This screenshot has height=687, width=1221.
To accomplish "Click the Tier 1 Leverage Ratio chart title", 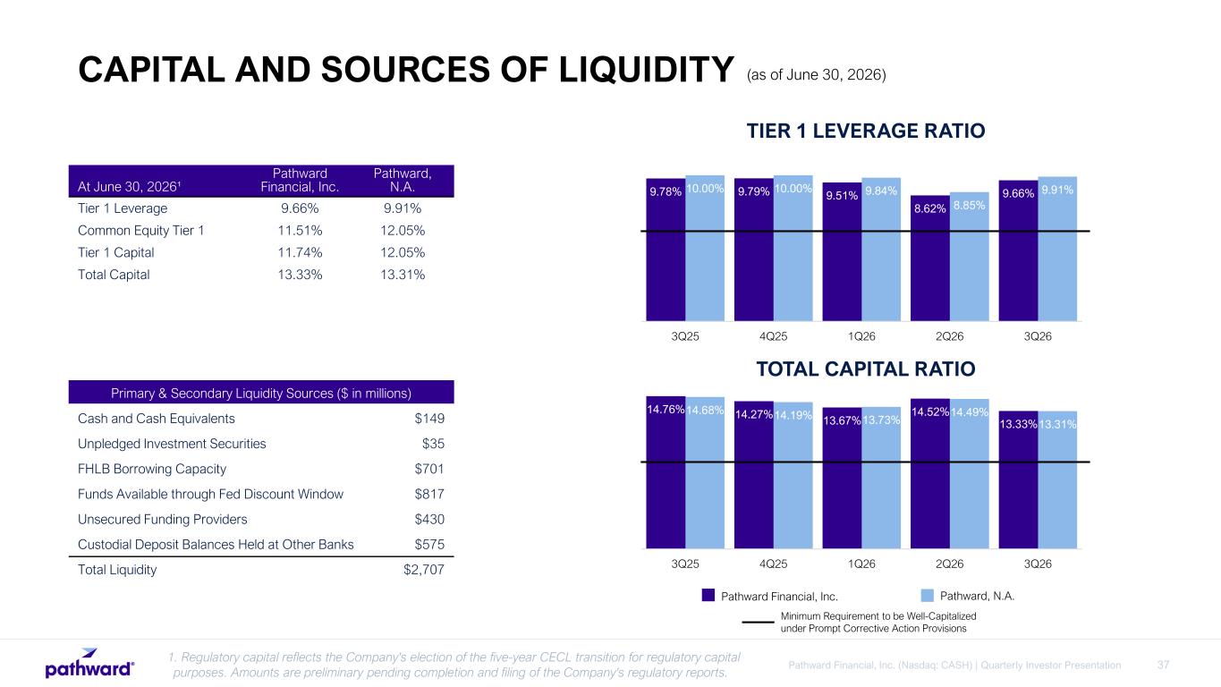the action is (866, 131).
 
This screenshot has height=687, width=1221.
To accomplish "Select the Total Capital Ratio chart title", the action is (866, 369).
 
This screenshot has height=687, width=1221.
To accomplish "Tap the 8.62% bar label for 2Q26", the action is (930, 208).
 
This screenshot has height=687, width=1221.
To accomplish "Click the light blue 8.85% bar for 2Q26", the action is (969, 256).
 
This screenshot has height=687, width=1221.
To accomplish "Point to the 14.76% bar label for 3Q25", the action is (666, 410).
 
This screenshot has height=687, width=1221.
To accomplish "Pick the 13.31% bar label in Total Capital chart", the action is (1057, 424).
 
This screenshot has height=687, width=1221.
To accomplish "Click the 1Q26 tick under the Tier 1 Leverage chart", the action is (861, 336).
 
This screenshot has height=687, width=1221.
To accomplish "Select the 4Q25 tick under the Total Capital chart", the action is (773, 564).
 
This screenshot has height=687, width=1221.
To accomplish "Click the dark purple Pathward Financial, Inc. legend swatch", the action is (708, 596).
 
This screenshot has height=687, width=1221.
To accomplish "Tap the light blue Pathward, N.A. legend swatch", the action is (928, 596).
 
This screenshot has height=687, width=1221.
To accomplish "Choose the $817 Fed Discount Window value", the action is (429, 494).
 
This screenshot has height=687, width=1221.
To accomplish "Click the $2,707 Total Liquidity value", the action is (424, 570).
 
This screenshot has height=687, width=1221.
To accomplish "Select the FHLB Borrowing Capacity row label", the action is (151, 469).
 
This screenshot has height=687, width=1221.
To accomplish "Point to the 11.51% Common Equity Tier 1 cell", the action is (300, 231).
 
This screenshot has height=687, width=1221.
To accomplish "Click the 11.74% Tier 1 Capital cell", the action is (300, 252).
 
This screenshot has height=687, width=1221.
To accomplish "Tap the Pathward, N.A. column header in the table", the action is (403, 180).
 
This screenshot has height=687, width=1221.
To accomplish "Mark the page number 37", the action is (1163, 666).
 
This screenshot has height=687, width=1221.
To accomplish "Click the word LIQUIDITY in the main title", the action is (647, 70).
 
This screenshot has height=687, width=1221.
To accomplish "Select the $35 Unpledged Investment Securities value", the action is (433, 444).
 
